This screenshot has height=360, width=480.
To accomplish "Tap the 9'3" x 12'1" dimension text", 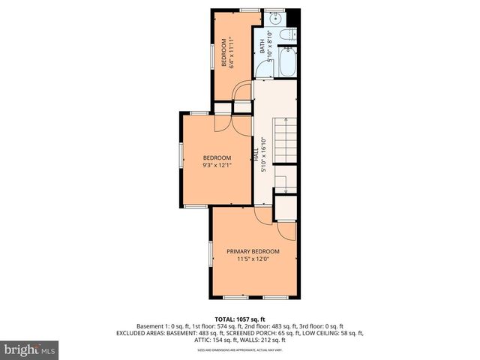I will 217,166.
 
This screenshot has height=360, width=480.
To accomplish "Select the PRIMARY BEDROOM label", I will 253,251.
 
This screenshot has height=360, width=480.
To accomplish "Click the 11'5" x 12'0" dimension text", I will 253,259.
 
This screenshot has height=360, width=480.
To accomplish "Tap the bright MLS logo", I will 30,349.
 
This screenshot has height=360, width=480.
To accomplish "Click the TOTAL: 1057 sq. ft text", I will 239,319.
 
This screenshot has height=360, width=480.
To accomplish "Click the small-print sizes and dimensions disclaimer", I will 239,350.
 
